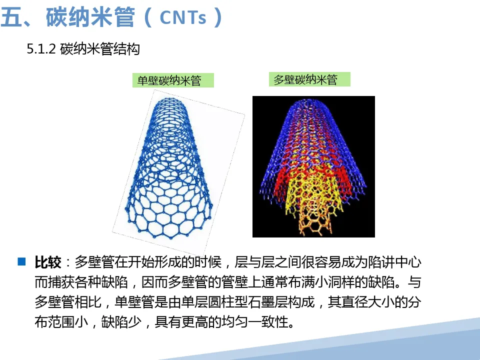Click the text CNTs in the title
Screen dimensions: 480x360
click(183, 17)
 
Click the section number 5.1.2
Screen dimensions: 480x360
click(41, 49)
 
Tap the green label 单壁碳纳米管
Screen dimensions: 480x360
click(173, 80)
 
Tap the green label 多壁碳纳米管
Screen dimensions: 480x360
click(309, 79)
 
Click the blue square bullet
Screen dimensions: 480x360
click(21, 261)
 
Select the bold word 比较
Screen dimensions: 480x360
click(48, 262)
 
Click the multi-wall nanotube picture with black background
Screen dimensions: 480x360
click(313, 166)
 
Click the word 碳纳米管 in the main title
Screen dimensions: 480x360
click(90, 17)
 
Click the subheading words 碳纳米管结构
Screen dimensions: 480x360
click(100, 49)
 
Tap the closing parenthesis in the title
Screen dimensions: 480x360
click(218, 17)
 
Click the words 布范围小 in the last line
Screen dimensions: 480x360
click(61, 321)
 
